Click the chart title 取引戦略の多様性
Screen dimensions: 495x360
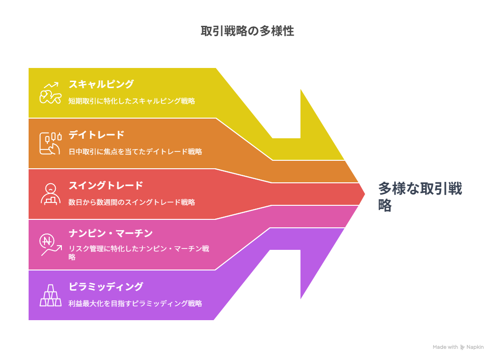click(x=247, y=31)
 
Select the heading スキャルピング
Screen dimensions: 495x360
click(x=101, y=84)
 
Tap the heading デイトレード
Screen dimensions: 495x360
click(x=97, y=135)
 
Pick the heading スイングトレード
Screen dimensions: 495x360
click(x=106, y=185)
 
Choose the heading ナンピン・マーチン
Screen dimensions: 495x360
click(x=111, y=233)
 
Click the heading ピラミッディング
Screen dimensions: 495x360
click(x=106, y=287)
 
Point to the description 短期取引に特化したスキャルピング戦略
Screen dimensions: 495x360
click(x=132, y=101)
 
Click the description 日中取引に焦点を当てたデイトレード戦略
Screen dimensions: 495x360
click(x=135, y=151)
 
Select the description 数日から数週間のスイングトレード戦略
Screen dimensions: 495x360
click(x=132, y=202)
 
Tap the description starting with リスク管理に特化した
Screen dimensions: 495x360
click(x=139, y=253)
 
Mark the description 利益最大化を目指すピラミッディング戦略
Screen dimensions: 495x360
click(x=135, y=303)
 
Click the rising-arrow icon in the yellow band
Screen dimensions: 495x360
click(x=50, y=93)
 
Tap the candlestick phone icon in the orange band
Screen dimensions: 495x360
click(x=50, y=143)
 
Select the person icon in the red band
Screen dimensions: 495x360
click(x=51, y=194)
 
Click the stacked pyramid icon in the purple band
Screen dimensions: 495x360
click(x=51, y=296)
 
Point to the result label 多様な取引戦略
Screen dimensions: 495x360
click(x=420, y=196)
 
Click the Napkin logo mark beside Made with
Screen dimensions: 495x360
click(x=462, y=347)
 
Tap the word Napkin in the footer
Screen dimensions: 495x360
click(x=475, y=347)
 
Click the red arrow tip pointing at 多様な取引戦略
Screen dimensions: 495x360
click(x=365, y=194)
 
